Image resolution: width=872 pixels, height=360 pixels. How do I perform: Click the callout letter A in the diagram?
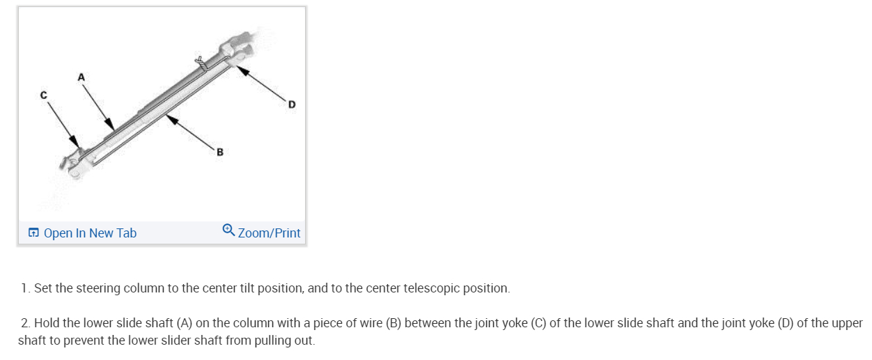81,77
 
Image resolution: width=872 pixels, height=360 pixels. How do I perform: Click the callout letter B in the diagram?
220,151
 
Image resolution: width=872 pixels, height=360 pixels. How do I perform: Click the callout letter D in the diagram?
292,104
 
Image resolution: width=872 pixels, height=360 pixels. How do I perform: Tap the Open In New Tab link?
90,233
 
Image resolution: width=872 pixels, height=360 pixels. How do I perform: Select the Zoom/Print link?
269,233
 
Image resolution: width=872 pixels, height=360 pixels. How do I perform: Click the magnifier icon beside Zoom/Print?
228,230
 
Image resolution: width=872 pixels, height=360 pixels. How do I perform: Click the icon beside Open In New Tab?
33,233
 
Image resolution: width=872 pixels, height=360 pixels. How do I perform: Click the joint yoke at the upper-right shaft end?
237,45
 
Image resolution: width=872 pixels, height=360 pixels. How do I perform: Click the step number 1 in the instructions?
25,288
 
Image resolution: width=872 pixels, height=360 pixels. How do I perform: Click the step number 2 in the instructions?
25,324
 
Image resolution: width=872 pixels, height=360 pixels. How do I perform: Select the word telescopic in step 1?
420,288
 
